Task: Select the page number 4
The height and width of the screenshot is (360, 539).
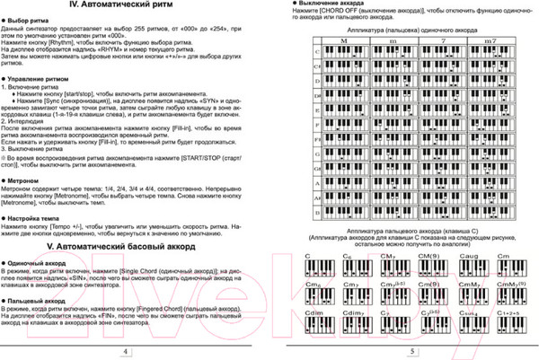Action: (125, 351)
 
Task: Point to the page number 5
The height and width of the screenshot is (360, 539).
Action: (410, 351)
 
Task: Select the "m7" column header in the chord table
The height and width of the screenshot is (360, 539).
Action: (489, 42)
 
